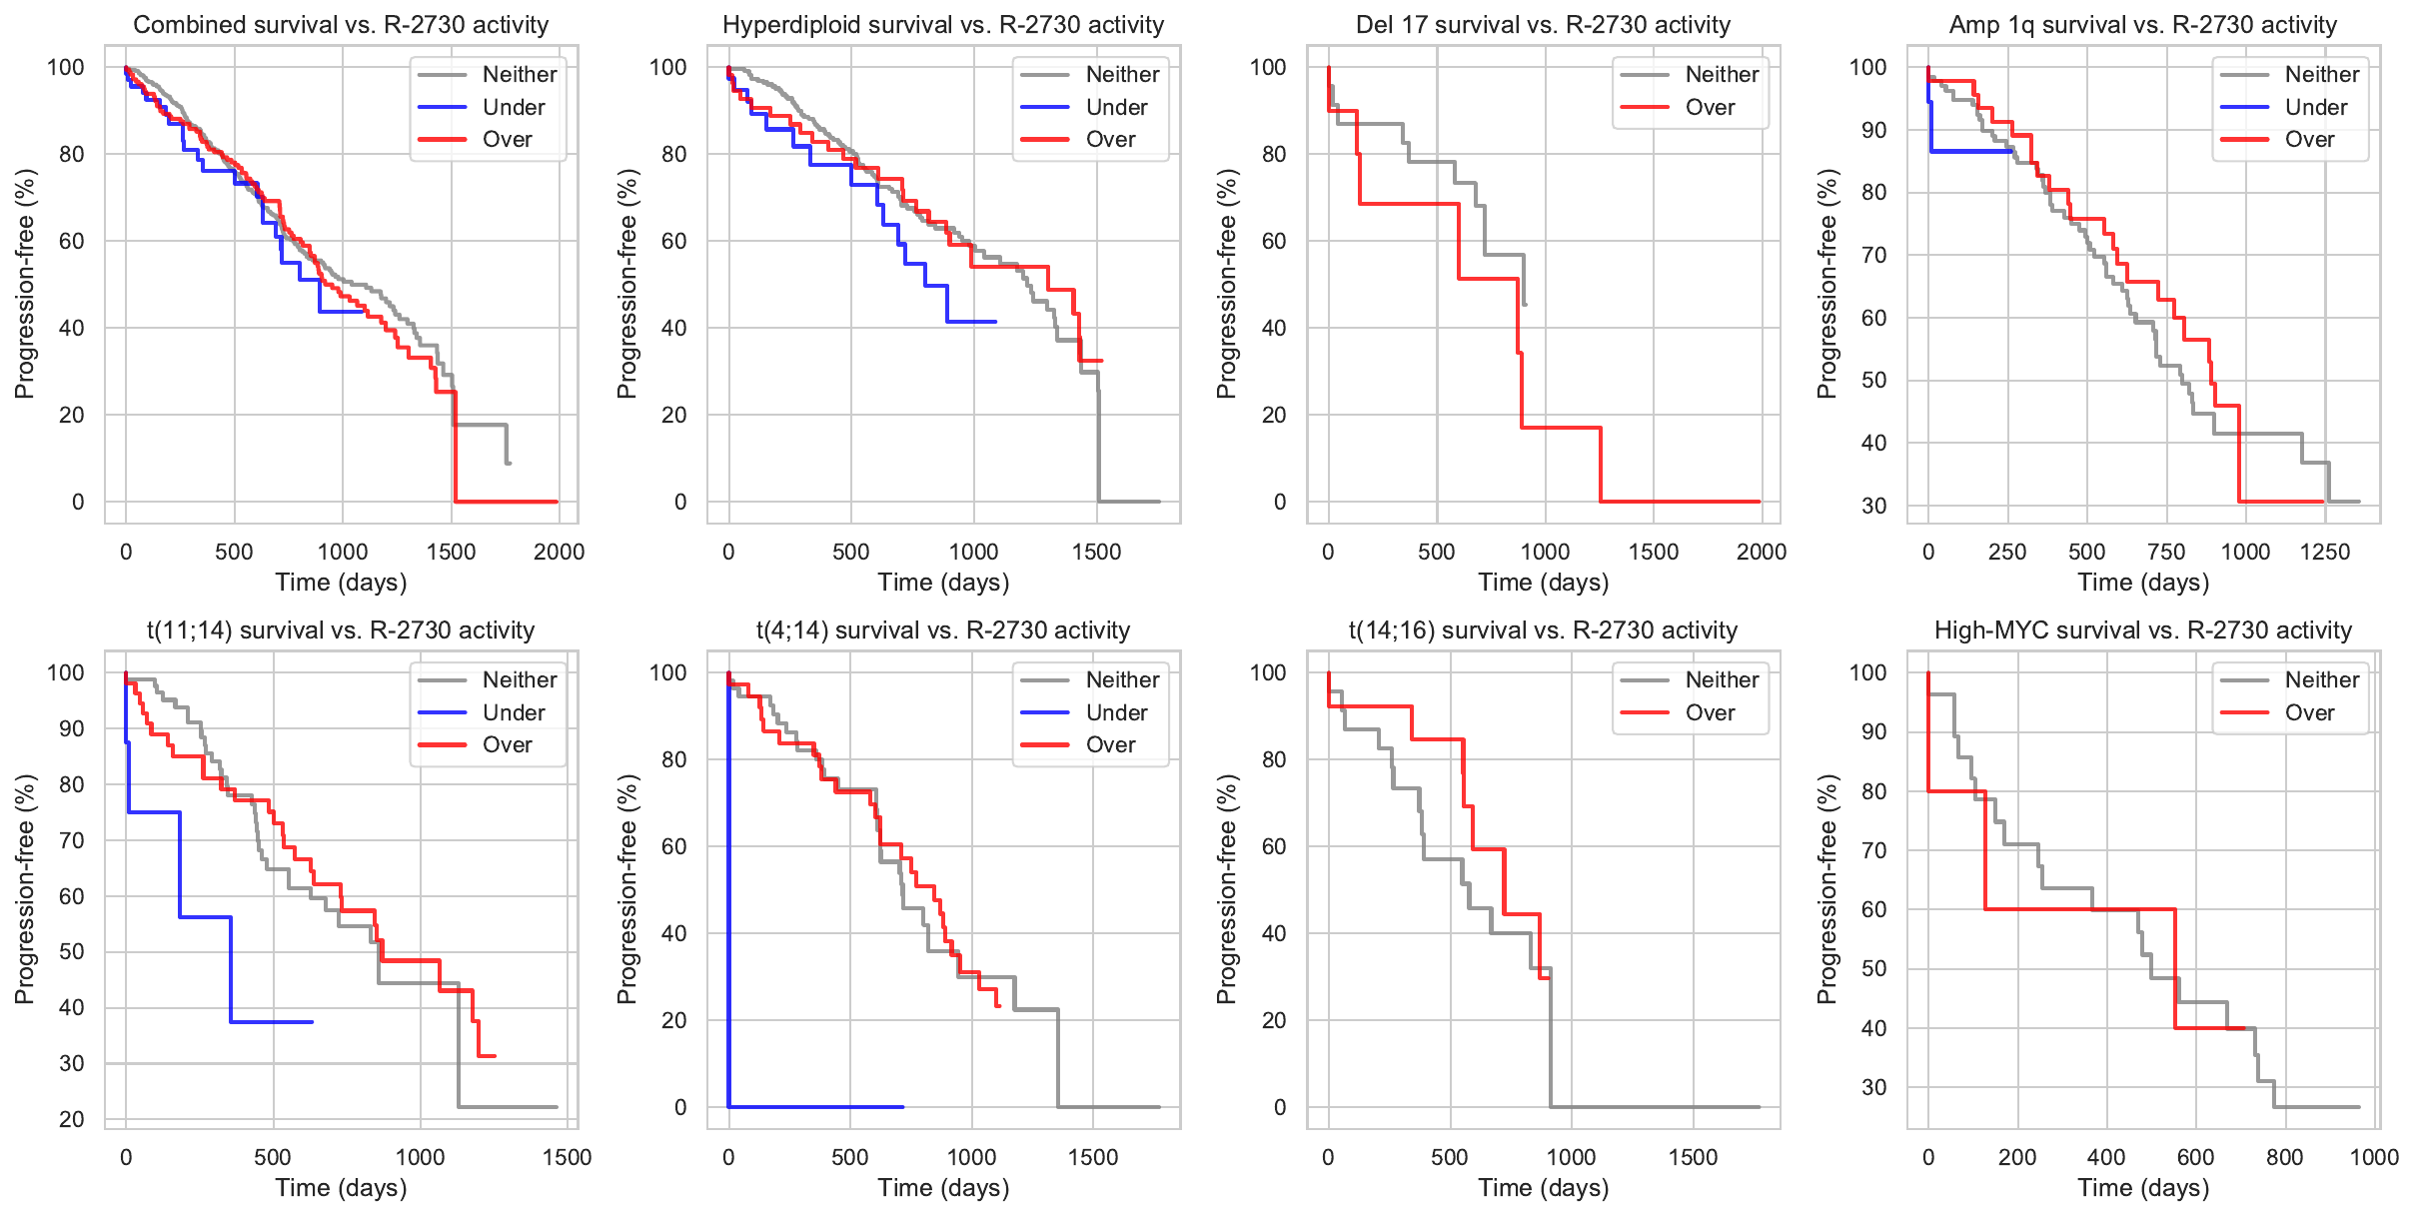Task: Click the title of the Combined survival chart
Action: (x=341, y=25)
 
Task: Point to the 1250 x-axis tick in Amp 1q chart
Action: (x=2324, y=552)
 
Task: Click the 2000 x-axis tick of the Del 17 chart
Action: (x=1761, y=552)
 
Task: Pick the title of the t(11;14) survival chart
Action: (x=341, y=630)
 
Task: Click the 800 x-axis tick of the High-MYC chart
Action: (x=2284, y=1157)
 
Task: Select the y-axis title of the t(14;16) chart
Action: (x=1227, y=889)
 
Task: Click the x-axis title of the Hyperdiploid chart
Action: (x=943, y=583)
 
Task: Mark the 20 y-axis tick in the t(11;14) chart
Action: (x=72, y=1119)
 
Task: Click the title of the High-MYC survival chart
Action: (x=2143, y=630)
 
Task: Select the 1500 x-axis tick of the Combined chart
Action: (x=451, y=552)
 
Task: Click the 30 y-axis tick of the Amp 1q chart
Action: (x=1874, y=506)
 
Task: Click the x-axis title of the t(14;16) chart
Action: (x=1544, y=1188)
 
